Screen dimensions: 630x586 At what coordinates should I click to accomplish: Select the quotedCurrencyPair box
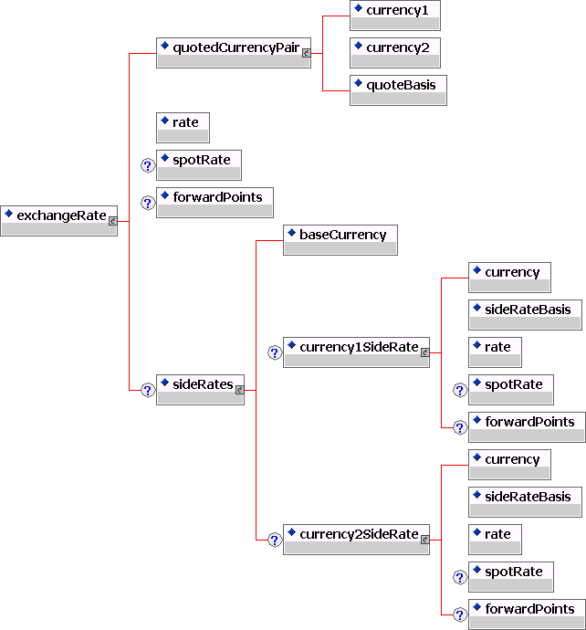coord(234,51)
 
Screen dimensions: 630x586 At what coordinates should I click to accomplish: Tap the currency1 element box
coord(395,15)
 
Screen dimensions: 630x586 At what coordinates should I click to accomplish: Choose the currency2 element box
coord(395,52)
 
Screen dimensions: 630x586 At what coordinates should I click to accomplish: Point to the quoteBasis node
coord(398,89)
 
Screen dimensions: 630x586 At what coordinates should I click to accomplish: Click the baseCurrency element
coord(340,239)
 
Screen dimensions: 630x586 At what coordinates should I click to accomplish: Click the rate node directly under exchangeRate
coord(183,127)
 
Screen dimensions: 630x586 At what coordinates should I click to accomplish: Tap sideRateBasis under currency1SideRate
coord(525,314)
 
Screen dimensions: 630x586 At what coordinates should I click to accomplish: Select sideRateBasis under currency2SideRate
coord(525,501)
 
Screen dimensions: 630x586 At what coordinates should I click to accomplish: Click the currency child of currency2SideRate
coord(509,464)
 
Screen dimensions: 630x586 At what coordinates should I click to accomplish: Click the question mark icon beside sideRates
coord(147,390)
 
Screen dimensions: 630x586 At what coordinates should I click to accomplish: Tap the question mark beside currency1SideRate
coord(274,352)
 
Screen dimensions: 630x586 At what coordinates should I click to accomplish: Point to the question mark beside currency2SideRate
coord(274,540)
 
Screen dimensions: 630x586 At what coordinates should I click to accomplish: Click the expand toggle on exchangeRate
coord(112,220)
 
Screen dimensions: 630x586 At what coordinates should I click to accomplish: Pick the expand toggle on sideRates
coord(239,389)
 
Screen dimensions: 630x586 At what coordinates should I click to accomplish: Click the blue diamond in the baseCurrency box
coord(291,234)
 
